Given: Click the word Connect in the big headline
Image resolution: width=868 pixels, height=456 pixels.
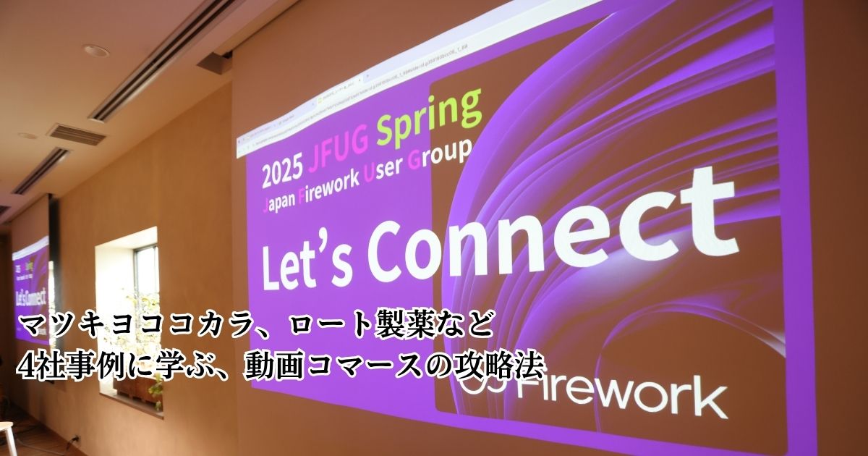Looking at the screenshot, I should (x=550, y=228).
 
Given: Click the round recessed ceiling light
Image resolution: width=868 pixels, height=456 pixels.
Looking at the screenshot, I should (x=95, y=51).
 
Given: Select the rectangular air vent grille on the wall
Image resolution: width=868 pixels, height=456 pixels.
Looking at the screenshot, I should (x=76, y=133).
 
